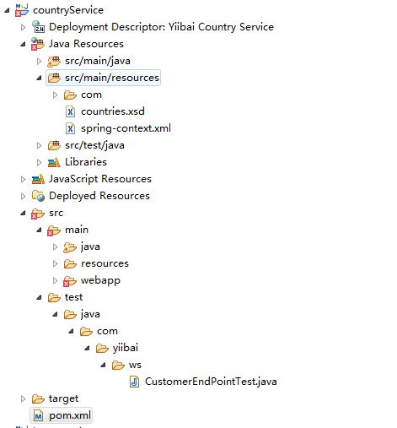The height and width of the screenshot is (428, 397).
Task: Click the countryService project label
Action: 68,10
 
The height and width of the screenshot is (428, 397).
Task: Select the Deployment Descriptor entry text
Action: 161,27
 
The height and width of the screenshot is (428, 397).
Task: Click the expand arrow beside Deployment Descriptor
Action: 23,27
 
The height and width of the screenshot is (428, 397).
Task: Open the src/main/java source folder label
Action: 98,61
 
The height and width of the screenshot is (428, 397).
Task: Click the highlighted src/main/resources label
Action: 112,78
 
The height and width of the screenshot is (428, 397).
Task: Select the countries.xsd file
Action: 113,111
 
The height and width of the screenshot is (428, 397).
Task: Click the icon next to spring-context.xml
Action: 70,128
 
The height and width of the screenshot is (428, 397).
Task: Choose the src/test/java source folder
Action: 94,145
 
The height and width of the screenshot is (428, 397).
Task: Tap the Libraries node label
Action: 86,162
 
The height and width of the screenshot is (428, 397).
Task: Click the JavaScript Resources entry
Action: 100,179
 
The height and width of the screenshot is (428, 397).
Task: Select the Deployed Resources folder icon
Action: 38,196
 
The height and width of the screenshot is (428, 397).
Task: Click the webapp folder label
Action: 100,280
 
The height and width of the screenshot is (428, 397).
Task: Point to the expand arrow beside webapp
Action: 55,280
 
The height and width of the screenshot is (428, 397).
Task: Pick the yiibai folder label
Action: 126,348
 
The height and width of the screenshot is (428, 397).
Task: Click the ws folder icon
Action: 118,365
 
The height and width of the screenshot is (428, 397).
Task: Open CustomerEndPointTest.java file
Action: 211,382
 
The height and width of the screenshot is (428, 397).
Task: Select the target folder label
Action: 63,398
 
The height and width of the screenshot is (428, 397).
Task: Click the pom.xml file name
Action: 70,415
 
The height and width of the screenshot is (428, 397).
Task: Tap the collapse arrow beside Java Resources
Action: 23,45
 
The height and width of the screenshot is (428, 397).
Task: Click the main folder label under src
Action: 77,230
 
